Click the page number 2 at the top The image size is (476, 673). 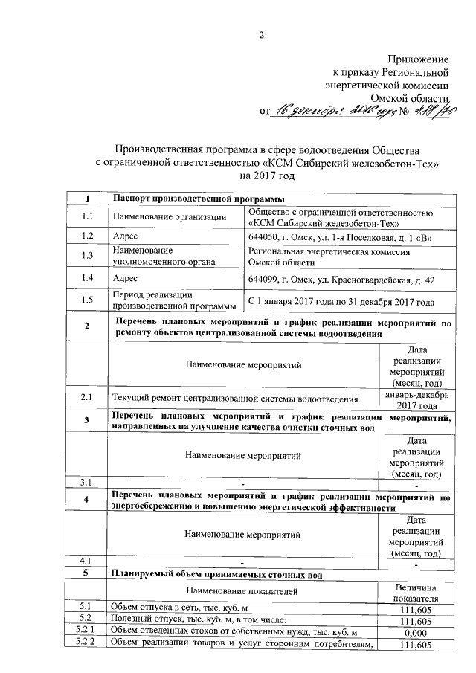click(x=260, y=36)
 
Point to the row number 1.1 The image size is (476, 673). click(x=87, y=216)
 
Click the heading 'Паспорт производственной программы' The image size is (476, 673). click(x=197, y=199)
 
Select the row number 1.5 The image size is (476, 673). click(x=87, y=300)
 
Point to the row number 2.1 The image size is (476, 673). click(x=87, y=398)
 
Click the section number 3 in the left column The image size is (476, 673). click(x=87, y=421)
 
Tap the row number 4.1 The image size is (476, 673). click(x=87, y=560)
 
